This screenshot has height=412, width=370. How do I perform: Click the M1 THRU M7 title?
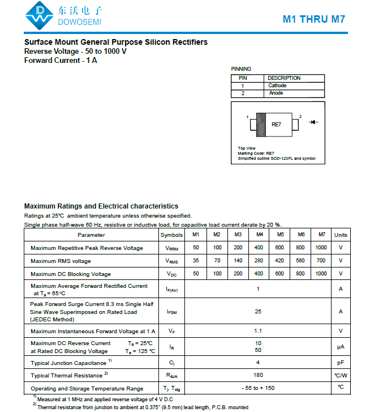(314, 19)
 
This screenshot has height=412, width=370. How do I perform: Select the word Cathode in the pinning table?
(277, 86)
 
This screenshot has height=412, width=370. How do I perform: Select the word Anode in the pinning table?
(276, 93)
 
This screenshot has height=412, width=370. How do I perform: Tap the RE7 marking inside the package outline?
(277, 124)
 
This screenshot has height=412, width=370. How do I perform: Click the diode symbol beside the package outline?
(314, 122)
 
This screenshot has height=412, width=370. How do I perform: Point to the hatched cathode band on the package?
(261, 124)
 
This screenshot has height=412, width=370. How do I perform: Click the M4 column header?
(259, 235)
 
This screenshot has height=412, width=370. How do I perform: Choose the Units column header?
(341, 235)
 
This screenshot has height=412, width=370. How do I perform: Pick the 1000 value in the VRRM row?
(321, 248)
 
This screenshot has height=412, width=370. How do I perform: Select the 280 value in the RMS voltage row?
(259, 261)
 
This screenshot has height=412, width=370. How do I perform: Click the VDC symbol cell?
(171, 274)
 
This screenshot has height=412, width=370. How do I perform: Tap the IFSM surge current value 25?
(258, 311)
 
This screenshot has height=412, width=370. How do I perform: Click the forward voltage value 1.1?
(258, 330)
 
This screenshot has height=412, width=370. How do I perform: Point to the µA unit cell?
(341, 347)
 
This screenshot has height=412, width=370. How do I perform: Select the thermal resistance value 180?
(258, 375)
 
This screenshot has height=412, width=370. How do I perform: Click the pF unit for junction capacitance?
(341, 362)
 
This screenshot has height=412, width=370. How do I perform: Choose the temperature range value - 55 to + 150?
(258, 388)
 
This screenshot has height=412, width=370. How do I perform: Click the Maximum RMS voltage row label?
(61, 261)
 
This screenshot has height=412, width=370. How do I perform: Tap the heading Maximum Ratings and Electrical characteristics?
(101, 206)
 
